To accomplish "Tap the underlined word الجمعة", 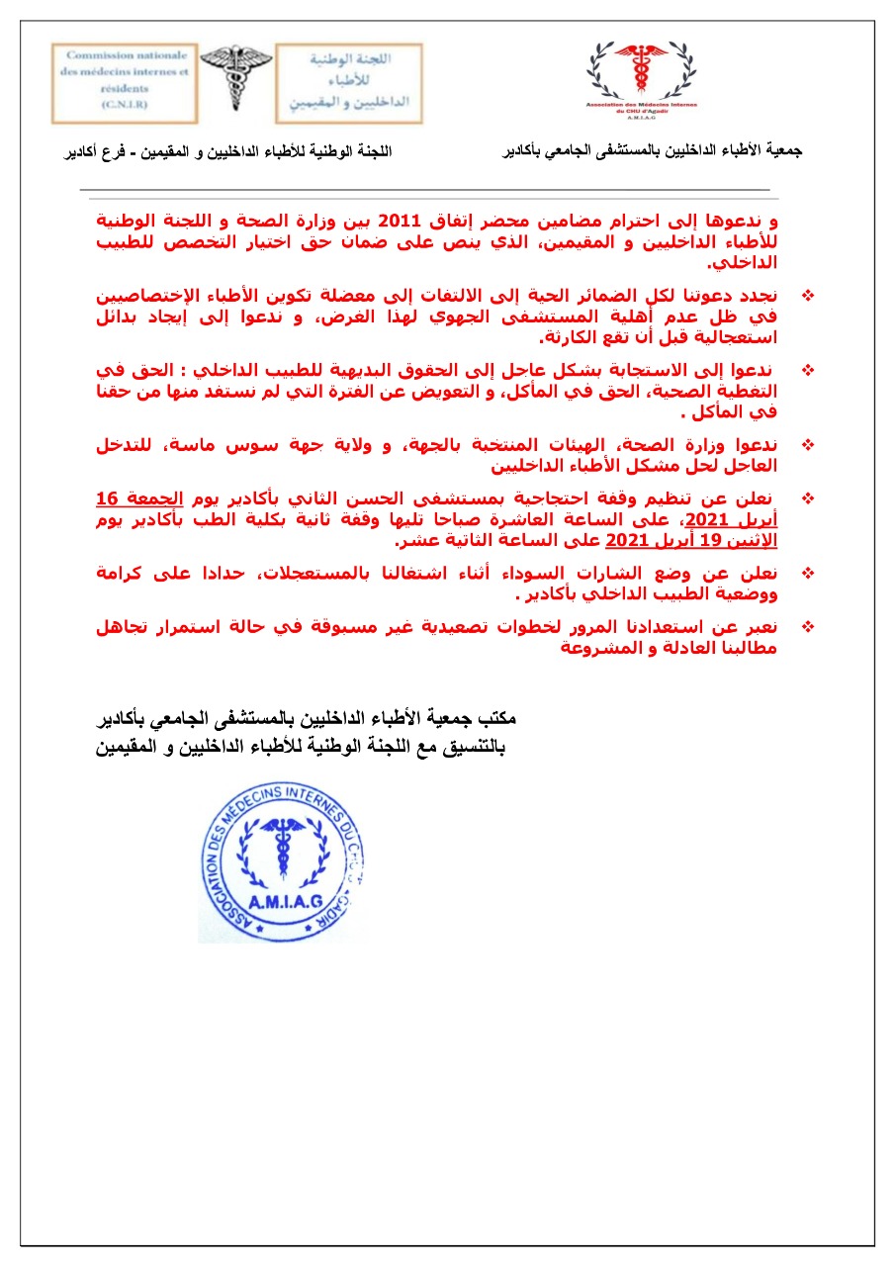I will (x=151, y=499).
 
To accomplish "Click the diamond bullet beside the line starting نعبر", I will (x=808, y=627).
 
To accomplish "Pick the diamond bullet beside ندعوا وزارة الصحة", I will (x=808, y=445).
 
